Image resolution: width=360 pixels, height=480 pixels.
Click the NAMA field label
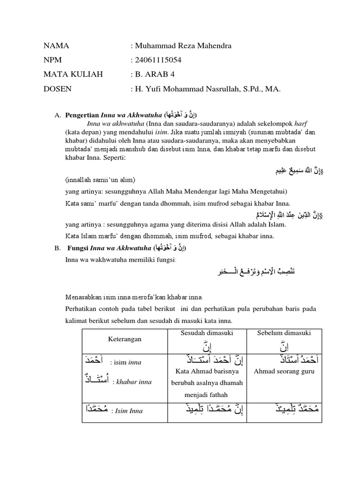coord(56,45)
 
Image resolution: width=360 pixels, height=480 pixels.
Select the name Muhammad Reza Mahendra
coord(182,45)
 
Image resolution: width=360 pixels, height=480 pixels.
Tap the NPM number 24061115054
coord(158,60)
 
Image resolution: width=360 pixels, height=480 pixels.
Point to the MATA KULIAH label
coord(73,74)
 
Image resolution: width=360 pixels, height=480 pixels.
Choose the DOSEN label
coord(59,89)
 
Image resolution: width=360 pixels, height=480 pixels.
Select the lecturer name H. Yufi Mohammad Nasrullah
coord(187,89)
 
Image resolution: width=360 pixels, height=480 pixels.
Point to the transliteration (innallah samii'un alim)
coord(101,180)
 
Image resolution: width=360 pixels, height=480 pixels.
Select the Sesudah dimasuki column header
coord(207,333)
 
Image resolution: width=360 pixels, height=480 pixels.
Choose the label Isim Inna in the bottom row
coord(127,411)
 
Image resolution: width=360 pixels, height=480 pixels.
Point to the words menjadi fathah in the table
coord(207,394)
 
